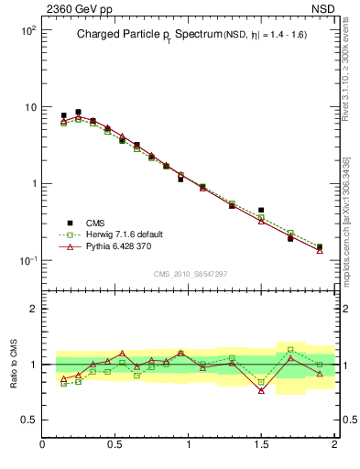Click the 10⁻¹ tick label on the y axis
(26, 261)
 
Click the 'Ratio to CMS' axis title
(12, 365)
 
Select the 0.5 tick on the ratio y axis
(27, 420)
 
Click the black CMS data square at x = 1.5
(261, 210)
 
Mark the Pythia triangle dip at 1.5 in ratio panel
(261, 390)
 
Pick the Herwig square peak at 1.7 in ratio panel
(290, 349)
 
